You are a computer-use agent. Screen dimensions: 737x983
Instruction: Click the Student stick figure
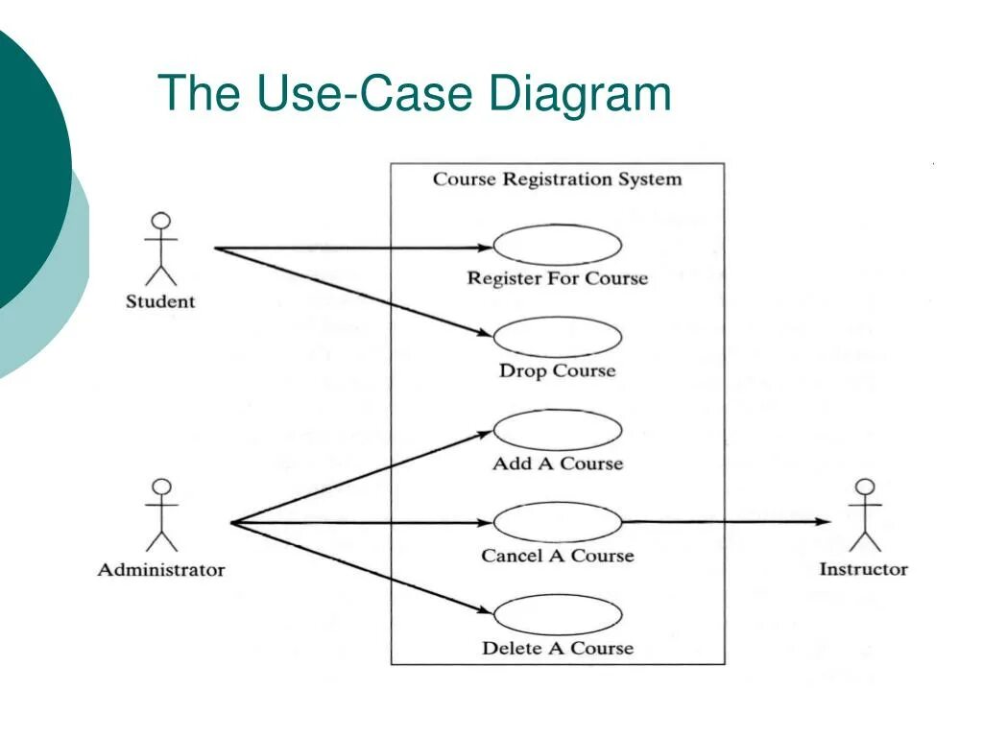tap(161, 250)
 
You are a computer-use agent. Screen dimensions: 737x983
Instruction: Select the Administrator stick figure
tap(161, 516)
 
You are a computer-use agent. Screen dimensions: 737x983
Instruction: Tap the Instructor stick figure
tap(866, 516)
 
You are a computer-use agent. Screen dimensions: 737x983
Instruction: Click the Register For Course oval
tap(557, 246)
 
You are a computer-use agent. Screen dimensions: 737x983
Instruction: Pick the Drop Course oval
tap(557, 338)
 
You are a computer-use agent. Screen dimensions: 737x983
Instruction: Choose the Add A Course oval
tap(557, 430)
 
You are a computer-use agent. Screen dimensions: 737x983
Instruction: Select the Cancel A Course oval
tap(557, 522)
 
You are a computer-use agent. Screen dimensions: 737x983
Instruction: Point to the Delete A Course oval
tap(557, 614)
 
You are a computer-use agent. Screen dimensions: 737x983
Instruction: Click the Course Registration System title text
tap(557, 179)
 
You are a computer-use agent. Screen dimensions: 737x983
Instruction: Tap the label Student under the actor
tap(160, 301)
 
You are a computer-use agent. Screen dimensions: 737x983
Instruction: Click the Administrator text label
tap(161, 570)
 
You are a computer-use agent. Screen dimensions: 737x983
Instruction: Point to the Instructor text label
tap(863, 569)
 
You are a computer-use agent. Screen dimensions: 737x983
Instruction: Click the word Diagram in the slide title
tap(580, 94)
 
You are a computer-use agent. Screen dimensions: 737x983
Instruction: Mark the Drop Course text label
tap(557, 370)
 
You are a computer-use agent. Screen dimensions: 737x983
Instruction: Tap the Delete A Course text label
tap(557, 649)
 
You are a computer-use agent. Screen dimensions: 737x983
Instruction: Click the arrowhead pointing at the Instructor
tap(823, 522)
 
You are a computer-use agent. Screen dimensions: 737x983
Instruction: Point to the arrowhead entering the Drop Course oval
tap(483, 334)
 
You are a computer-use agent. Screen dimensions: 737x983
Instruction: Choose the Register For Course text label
tap(557, 279)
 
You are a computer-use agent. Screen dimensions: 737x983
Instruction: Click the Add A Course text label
tap(557, 464)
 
